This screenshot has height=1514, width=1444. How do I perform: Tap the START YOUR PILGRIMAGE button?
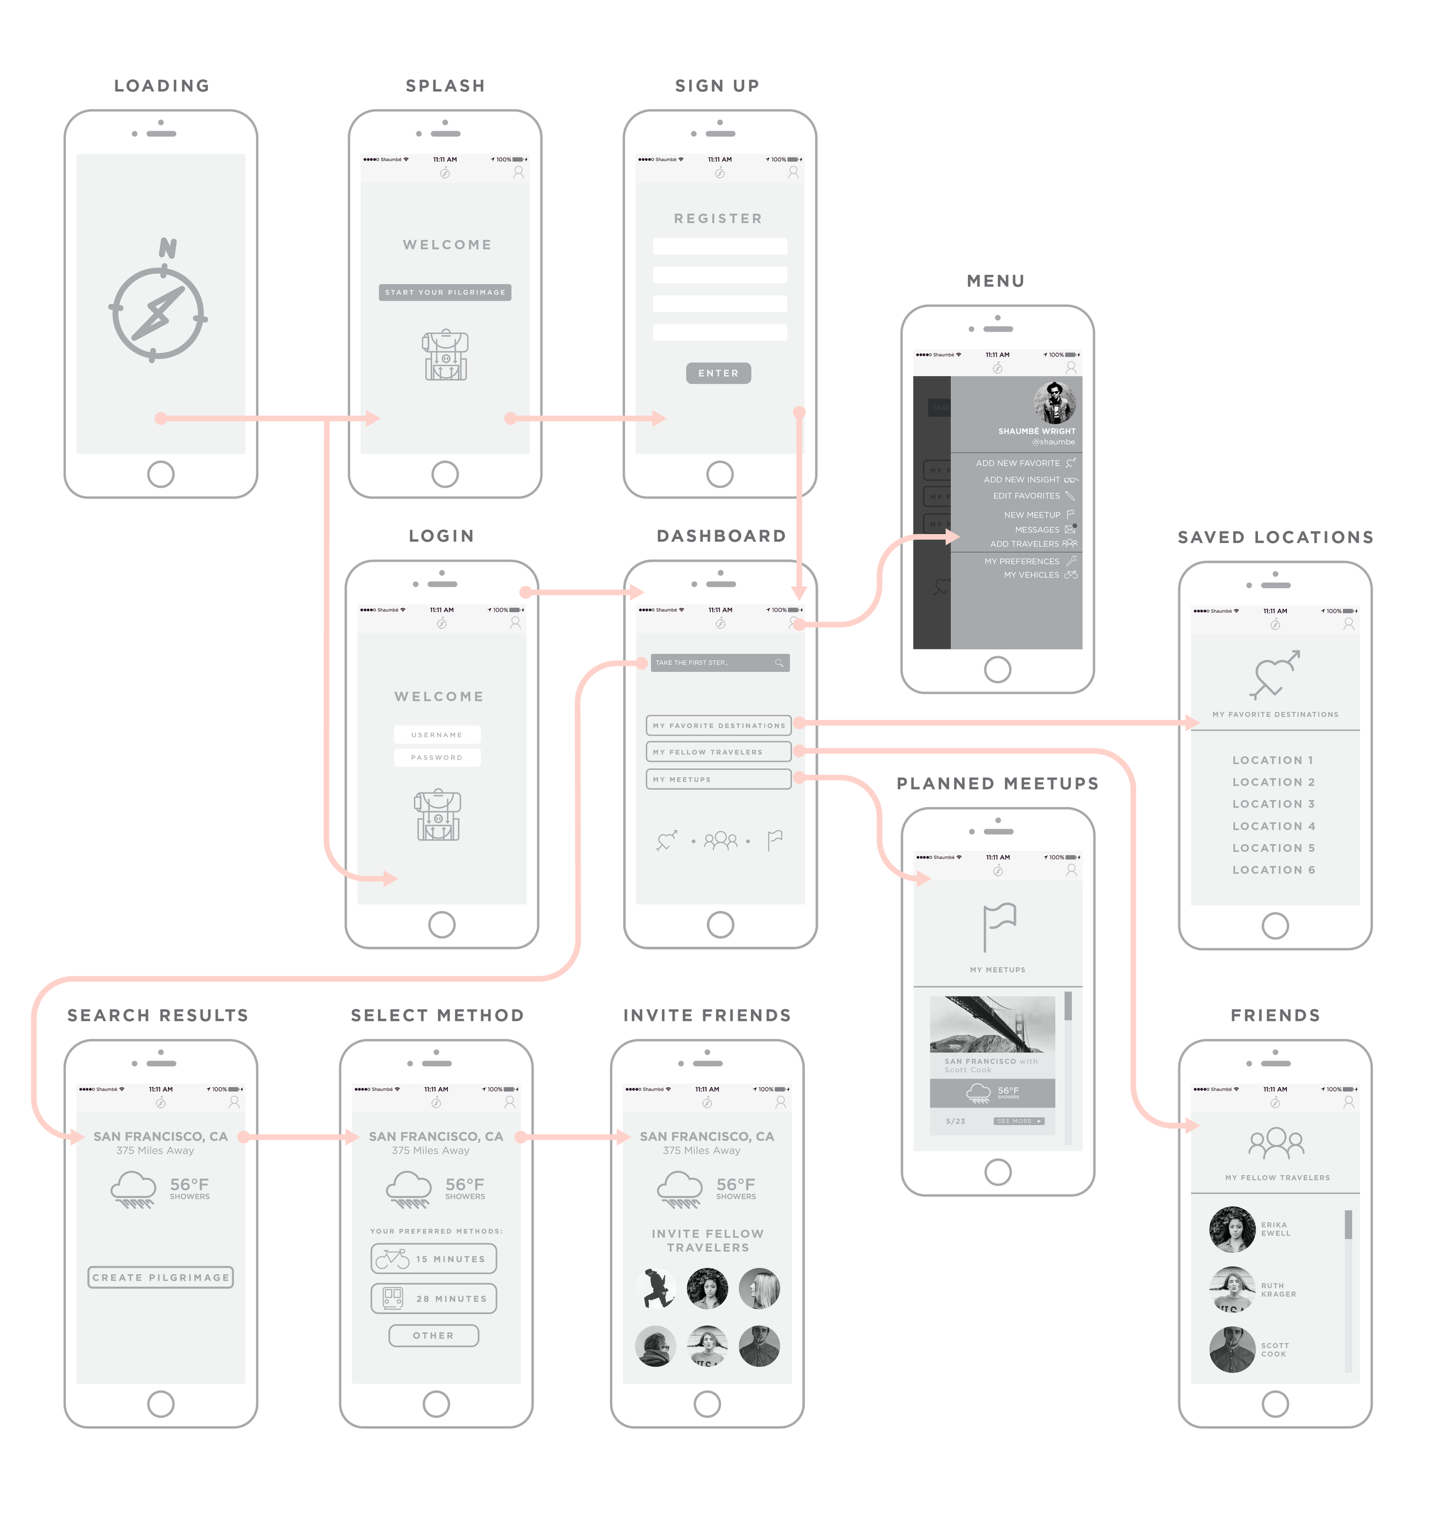tap(445, 292)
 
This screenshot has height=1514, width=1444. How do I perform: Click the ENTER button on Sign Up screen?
tap(718, 373)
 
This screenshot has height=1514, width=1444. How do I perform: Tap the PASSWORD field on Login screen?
tap(437, 757)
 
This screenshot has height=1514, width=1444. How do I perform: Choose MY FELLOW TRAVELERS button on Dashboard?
tap(718, 752)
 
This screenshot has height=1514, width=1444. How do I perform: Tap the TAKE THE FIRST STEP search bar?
tap(720, 663)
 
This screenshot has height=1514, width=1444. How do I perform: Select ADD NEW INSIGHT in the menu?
tap(1021, 479)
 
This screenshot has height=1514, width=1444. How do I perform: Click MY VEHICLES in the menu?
tap(1032, 575)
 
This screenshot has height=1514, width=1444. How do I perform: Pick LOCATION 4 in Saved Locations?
tap(1274, 826)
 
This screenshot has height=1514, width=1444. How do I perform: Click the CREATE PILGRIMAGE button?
tap(161, 1278)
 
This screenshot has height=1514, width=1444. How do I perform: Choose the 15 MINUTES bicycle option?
tap(434, 1259)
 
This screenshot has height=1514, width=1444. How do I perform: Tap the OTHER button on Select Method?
tap(433, 1336)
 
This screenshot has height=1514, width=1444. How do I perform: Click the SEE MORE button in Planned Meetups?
tap(1018, 1121)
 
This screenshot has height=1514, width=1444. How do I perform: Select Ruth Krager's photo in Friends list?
tap(1233, 1289)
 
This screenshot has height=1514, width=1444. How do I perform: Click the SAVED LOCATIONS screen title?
tap(1275, 537)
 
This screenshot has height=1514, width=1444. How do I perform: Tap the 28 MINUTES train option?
tap(434, 1299)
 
